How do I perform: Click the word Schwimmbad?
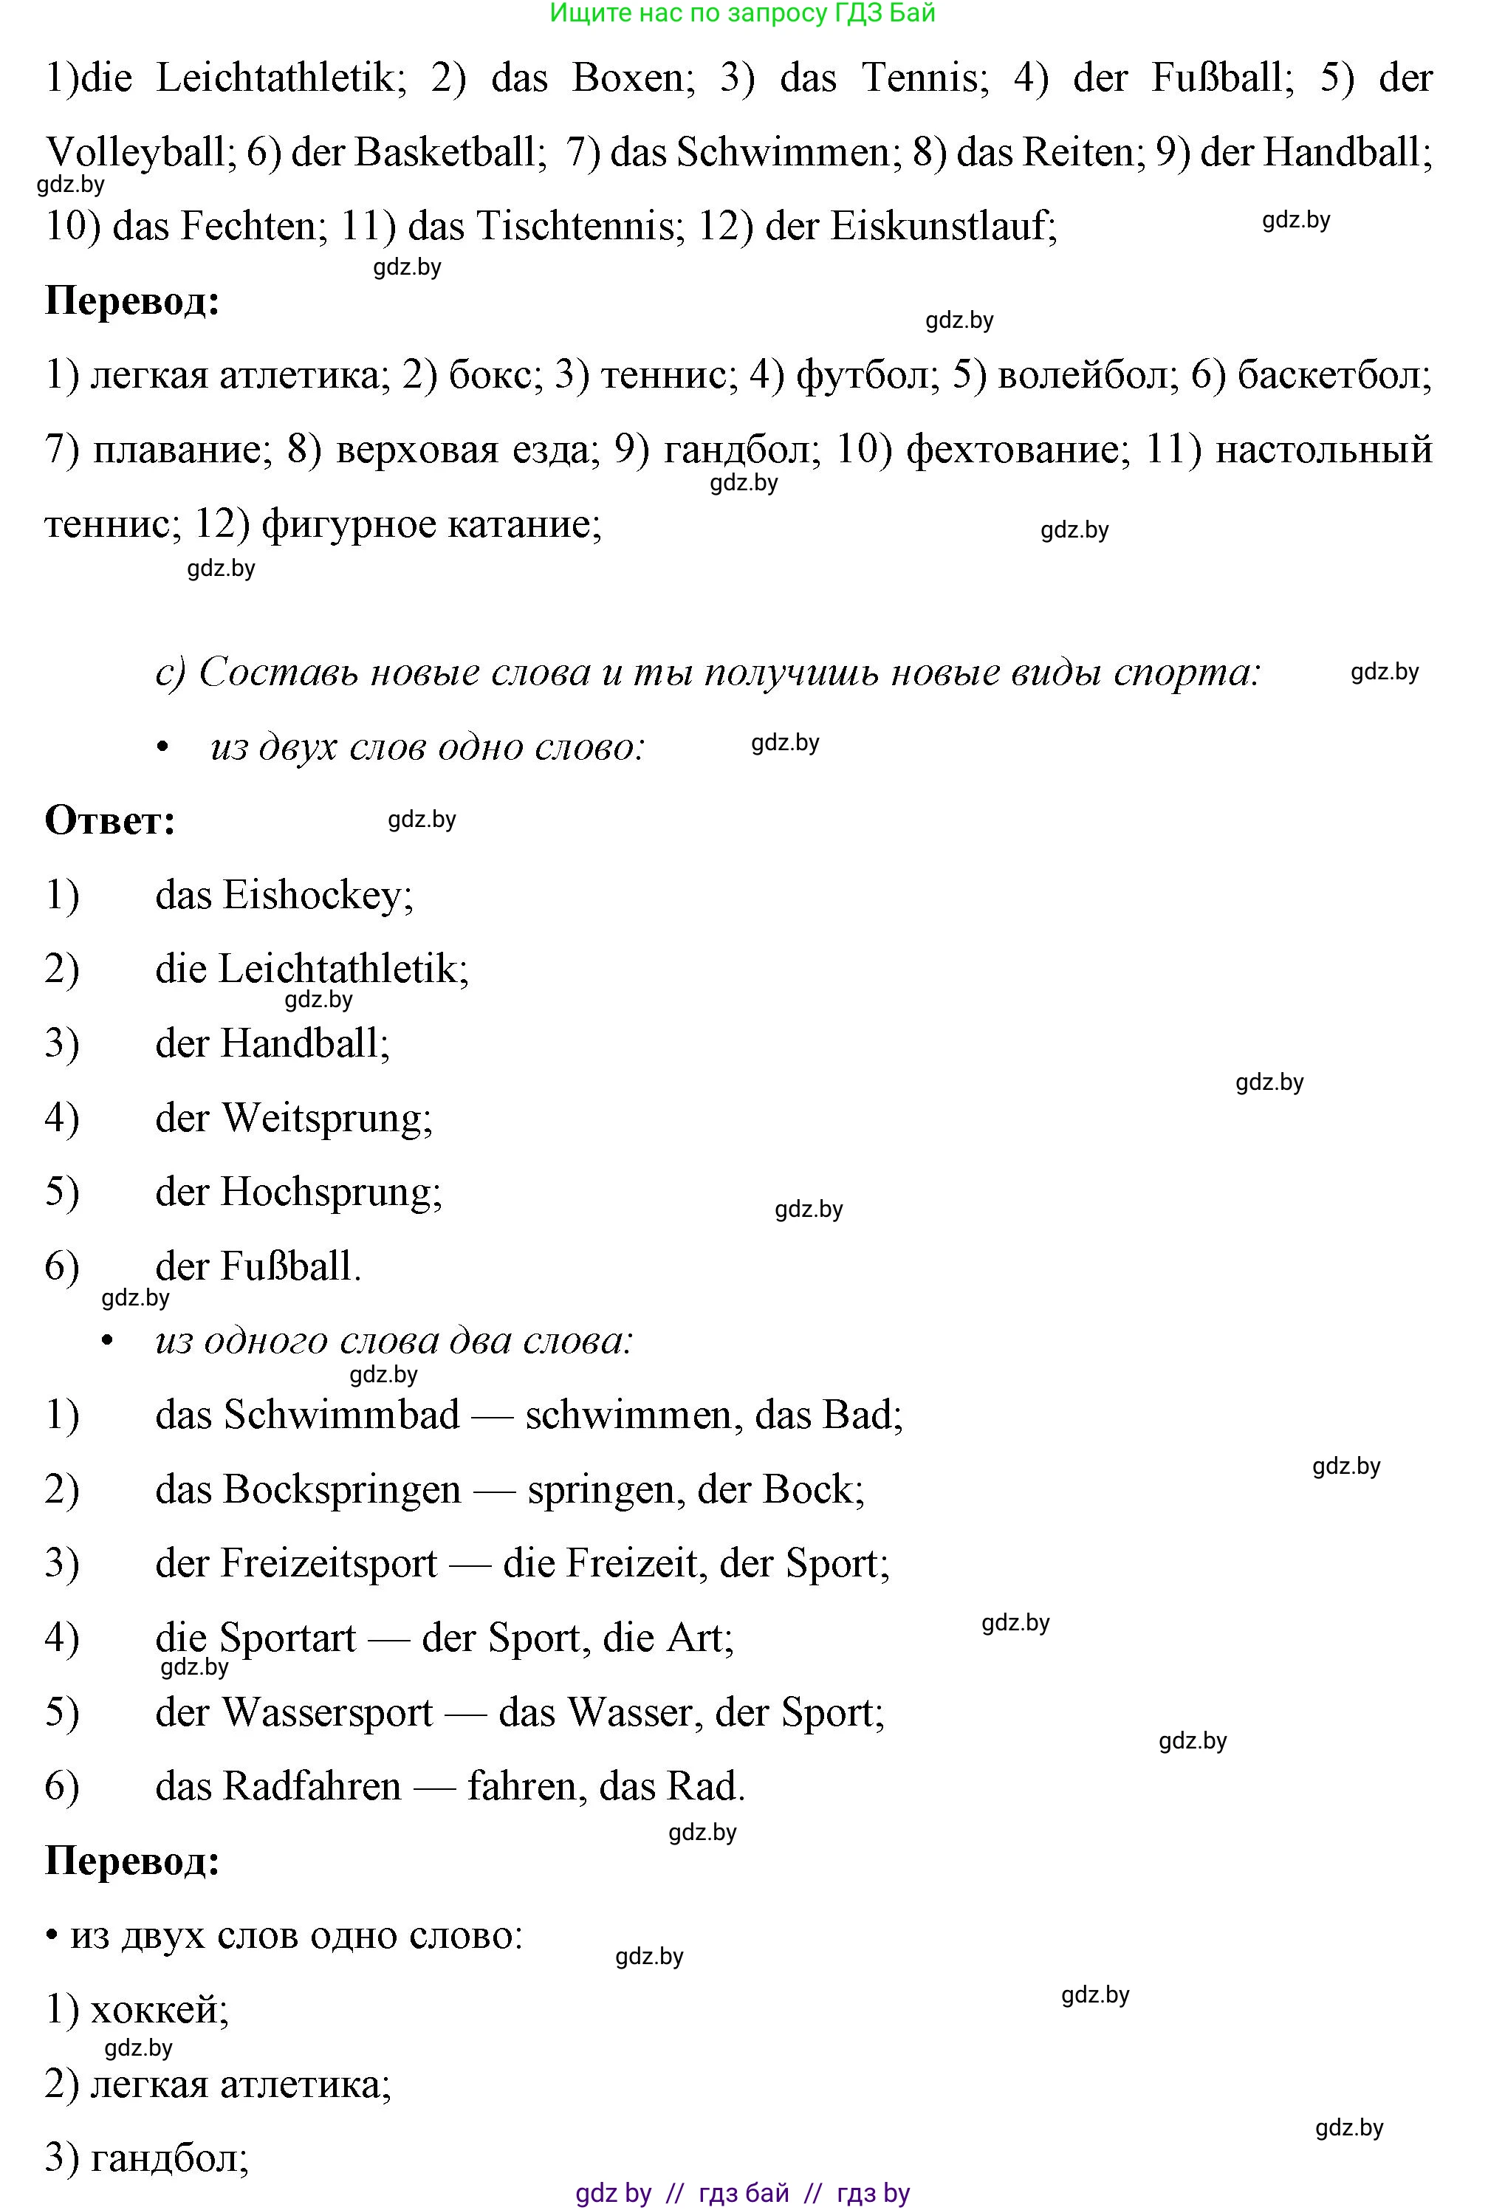pyautogui.click(x=342, y=1415)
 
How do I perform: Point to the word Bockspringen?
pyautogui.click(x=342, y=1491)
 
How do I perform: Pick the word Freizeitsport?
pyautogui.click(x=329, y=1565)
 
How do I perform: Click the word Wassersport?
pyautogui.click(x=326, y=1714)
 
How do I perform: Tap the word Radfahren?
pyautogui.click(x=312, y=1788)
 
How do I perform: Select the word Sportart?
pyautogui.click(x=287, y=1638)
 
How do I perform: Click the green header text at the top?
pyautogui.click(x=743, y=13)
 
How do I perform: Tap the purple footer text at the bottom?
pyautogui.click(x=743, y=2194)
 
